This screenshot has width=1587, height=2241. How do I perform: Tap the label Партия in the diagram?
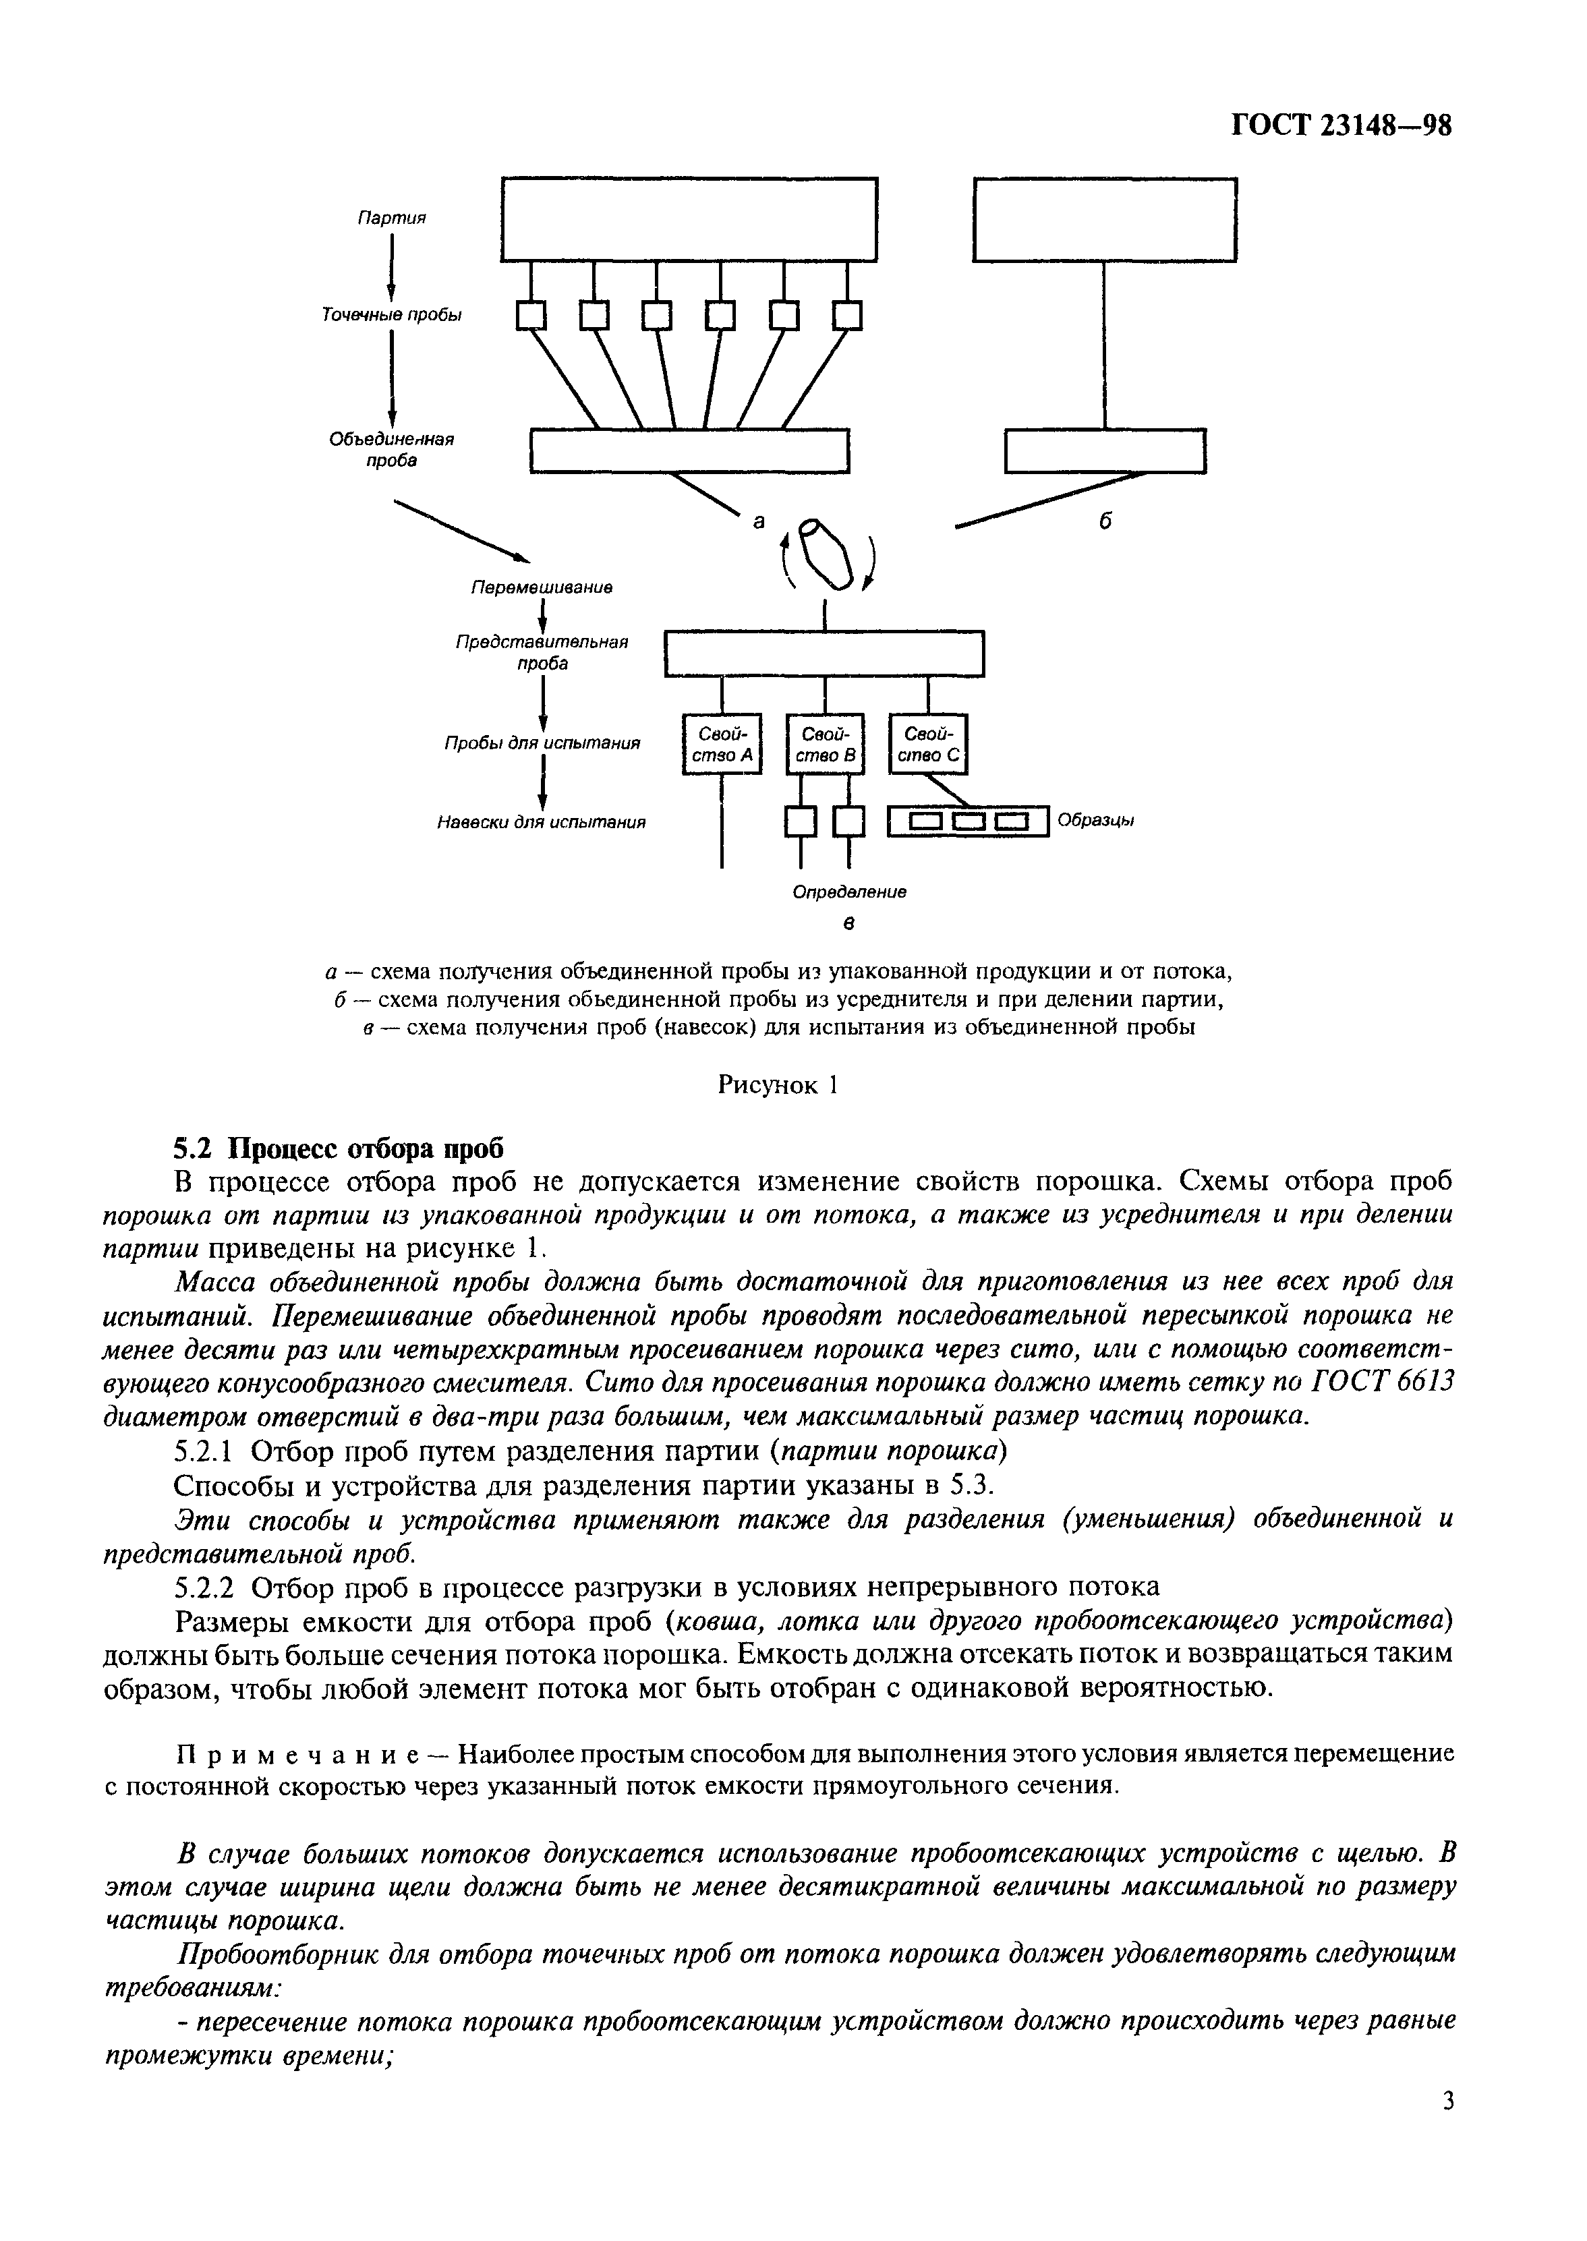[391, 218]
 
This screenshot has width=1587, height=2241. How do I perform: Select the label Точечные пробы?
[391, 314]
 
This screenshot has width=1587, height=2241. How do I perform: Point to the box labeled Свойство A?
[721, 745]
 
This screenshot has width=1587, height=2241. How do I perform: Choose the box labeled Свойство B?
[825, 745]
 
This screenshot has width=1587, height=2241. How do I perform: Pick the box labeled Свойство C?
[927, 745]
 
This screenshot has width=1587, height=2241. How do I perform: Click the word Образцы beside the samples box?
[1095, 821]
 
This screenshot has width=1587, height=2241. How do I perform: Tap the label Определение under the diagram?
[848, 892]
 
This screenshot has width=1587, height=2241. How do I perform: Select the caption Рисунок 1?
[778, 1085]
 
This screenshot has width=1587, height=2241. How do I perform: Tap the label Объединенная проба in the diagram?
[391, 449]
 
